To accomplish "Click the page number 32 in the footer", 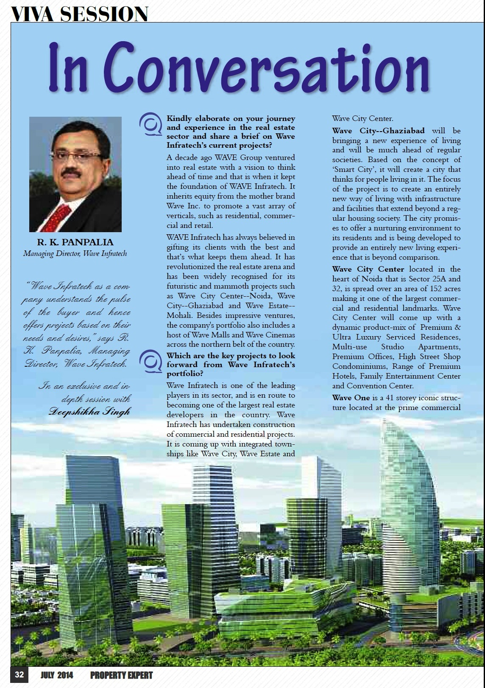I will [x=20, y=675].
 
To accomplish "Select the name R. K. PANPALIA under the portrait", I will [x=75, y=242].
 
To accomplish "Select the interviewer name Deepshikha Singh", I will [x=89, y=411].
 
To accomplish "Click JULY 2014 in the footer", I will [x=57, y=675].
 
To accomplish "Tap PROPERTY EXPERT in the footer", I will [x=121, y=675].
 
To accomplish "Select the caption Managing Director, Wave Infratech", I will [x=75, y=254].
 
